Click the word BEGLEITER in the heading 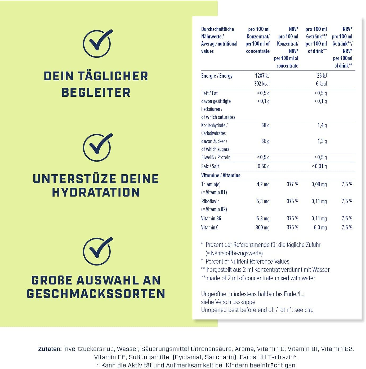[96, 93]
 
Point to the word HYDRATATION [96, 192]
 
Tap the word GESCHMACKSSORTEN [96, 294]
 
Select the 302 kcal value [262, 84]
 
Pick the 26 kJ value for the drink [322, 76]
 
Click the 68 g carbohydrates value [265, 125]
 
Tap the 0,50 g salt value [264, 166]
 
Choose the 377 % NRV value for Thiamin [292, 184]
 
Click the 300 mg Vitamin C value [262, 228]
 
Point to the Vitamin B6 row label [211, 219]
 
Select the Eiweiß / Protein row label [216, 157]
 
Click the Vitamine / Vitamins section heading [221, 175]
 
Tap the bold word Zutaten [50, 349]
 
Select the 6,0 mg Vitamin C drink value [320, 228]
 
